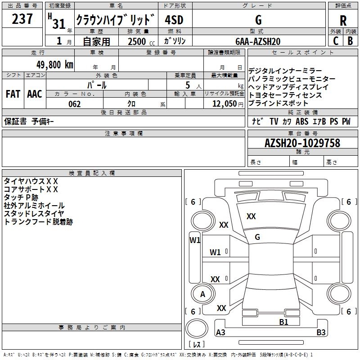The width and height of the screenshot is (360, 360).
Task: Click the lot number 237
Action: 22,19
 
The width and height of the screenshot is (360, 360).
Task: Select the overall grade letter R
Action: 343,20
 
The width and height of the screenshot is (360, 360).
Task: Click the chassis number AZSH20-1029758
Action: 302,143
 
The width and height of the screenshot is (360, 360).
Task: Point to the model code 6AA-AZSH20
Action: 258,41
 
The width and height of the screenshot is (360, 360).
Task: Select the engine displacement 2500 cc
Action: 137,41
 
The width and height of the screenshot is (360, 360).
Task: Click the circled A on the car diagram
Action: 202,294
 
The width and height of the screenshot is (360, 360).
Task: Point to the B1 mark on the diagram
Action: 283,322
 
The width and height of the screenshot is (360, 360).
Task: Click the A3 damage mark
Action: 221,333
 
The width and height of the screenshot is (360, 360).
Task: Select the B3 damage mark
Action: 321,333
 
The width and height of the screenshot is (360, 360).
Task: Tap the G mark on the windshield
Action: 257,237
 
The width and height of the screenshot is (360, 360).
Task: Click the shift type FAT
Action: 13,94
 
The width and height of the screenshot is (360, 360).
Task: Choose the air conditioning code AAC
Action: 34,94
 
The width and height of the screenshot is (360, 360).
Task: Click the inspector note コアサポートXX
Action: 31,189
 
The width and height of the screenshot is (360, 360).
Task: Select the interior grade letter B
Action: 350,40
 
